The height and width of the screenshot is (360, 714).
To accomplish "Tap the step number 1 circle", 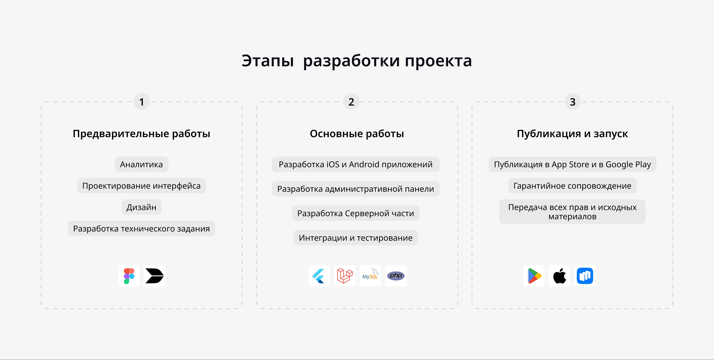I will (142, 102).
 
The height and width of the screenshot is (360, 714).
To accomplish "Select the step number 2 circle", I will (351, 102).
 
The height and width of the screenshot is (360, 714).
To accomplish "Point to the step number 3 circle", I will (572, 102).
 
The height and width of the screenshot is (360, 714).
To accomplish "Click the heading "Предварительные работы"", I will (141, 134).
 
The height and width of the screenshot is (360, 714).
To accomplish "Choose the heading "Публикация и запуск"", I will (572, 134).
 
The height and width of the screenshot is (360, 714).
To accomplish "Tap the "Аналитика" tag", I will (141, 164).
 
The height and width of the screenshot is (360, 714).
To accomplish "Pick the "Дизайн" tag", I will (141, 207).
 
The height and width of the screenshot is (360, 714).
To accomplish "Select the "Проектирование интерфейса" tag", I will (141, 186).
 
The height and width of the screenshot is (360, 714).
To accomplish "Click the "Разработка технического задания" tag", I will (141, 229).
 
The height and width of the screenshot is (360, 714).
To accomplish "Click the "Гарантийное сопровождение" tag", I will (572, 186).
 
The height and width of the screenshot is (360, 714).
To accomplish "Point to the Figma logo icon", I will (129, 276).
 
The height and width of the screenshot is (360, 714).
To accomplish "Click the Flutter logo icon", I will (319, 276).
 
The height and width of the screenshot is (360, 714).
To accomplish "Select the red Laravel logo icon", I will (345, 276).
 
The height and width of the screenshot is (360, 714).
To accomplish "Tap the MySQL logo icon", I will (370, 276).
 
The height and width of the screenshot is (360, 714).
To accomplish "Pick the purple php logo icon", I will (395, 276).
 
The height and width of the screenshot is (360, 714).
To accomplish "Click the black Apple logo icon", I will (559, 276).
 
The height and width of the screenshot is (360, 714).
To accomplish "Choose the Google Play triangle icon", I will (534, 276).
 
